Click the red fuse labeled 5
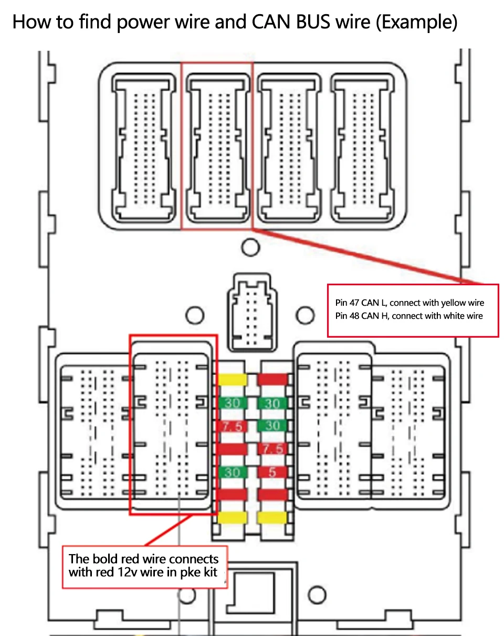coord(272,472)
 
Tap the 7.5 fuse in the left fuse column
coord(232,426)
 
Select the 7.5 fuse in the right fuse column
coord(272,449)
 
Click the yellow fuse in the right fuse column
coord(272,518)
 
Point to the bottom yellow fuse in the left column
coord(233,518)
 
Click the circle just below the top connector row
coord(251,246)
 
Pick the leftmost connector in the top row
coord(145,145)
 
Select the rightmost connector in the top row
coord(362,145)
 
